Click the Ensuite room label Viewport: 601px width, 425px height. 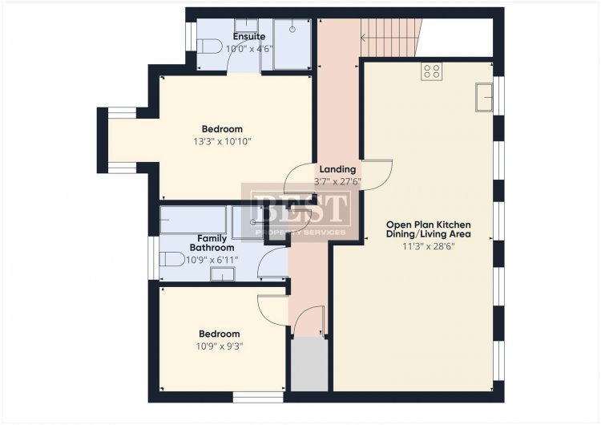coord(249,36)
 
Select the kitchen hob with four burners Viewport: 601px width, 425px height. coord(432,71)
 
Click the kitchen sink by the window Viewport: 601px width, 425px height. coord(484,97)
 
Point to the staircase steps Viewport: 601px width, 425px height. coord(389,38)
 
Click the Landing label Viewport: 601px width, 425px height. coord(337,168)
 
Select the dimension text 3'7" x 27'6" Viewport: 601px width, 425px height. coord(337,181)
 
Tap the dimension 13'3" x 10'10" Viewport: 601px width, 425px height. coord(222,142)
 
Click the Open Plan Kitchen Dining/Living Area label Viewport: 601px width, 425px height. coord(429,229)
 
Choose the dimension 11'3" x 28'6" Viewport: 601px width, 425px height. coord(429,246)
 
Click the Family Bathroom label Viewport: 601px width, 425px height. coord(212,243)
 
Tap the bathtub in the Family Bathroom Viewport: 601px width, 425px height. coord(193,220)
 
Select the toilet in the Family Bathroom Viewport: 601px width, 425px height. coord(172,259)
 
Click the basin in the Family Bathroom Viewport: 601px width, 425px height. coord(222,274)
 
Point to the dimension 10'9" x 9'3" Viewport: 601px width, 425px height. coord(220,346)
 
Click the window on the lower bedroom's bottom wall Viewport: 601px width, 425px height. coord(258,397)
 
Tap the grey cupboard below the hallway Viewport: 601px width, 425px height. coord(309,364)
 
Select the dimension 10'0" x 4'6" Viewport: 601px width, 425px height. coord(249,49)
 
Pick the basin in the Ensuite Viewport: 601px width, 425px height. coord(246,26)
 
